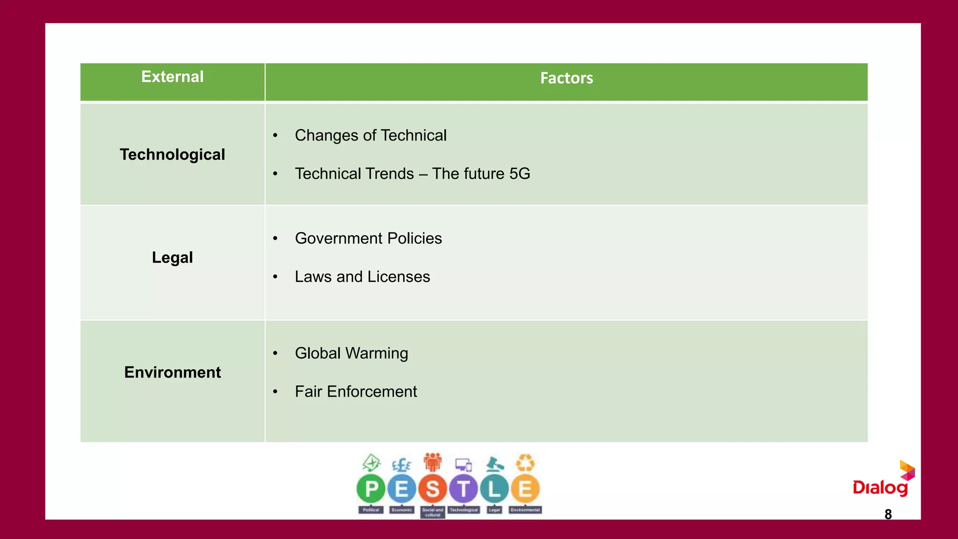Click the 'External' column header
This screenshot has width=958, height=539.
pos(172,77)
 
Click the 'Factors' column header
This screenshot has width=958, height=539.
pos(566,78)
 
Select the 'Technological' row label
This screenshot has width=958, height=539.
pos(172,154)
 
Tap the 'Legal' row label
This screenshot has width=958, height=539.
pos(172,257)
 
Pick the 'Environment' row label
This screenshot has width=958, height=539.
pos(172,372)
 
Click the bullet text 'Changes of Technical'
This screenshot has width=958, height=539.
pos(370,135)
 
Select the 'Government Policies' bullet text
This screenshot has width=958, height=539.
pos(368,238)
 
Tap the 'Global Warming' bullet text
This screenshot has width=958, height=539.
pos(351,353)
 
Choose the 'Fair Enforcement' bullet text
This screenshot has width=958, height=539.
pos(356,392)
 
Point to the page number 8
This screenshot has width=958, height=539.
pos(888,514)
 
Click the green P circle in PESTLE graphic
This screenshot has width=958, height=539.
pos(371,489)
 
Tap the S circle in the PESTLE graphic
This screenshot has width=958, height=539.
pos(433,489)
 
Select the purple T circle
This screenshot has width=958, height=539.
pos(464,489)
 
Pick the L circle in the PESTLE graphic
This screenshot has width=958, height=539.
pos(494,489)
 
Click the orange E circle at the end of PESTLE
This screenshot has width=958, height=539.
pos(525,489)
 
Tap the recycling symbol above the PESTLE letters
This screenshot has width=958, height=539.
pos(525,463)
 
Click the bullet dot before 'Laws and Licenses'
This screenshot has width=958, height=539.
pos(276,277)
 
